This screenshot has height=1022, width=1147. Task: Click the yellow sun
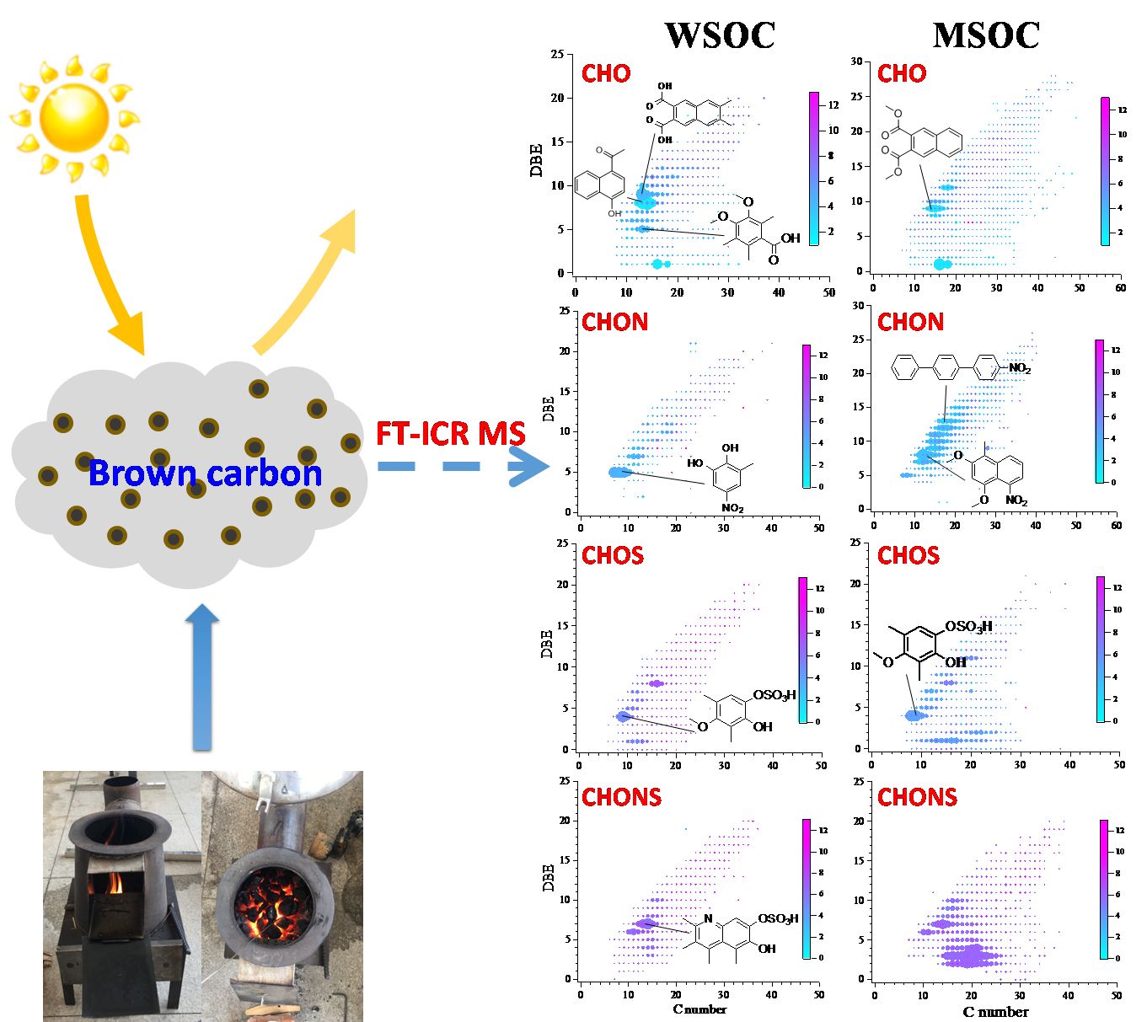(x=74, y=116)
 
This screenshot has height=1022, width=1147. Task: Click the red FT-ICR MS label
(x=450, y=434)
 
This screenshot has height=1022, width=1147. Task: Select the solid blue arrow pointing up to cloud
(x=202, y=674)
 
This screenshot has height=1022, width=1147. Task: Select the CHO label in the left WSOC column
(x=606, y=74)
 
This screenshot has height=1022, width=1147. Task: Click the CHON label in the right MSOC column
(x=910, y=322)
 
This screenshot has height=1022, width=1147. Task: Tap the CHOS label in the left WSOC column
(x=613, y=555)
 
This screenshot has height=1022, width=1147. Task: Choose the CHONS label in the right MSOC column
(x=917, y=797)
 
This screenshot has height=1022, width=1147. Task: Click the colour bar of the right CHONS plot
(x=1103, y=889)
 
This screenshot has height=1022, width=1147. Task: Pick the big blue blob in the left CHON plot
(x=620, y=473)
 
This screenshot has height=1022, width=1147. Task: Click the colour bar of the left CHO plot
(x=814, y=169)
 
